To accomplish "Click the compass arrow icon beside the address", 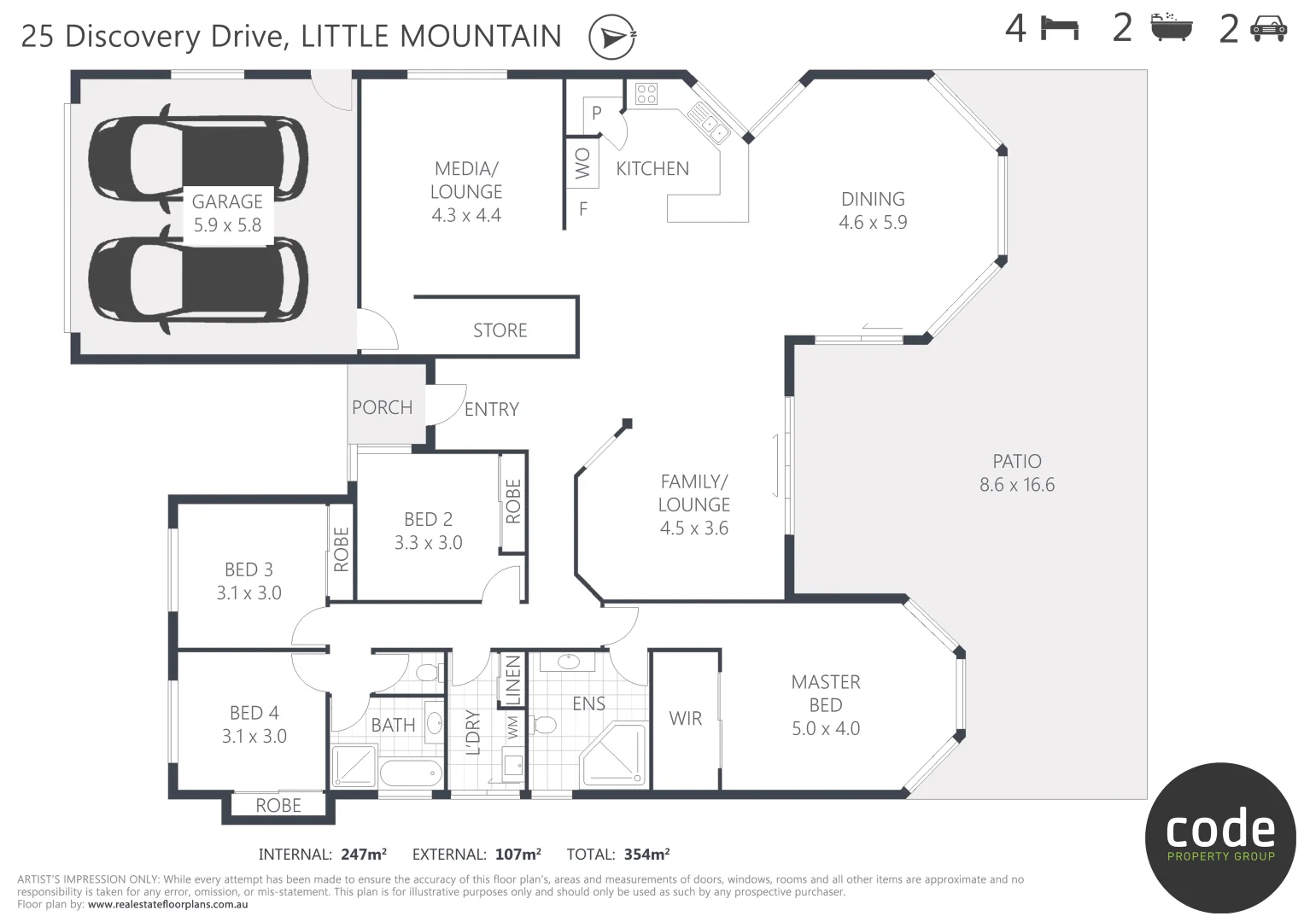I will point(612,38).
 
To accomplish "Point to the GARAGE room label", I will point(227,201).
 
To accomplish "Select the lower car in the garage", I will point(197,278).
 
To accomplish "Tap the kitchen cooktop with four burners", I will point(646,93).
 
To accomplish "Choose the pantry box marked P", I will point(596,113).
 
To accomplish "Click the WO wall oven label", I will point(582,163).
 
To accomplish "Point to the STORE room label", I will point(500,330).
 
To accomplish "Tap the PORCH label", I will point(382,407).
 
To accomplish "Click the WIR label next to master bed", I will point(685,719).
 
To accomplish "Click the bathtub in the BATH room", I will point(411,773).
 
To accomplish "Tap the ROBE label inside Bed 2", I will point(512,501).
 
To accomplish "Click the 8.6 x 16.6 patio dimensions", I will point(1016,485).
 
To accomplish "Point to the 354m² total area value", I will point(646,854).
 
